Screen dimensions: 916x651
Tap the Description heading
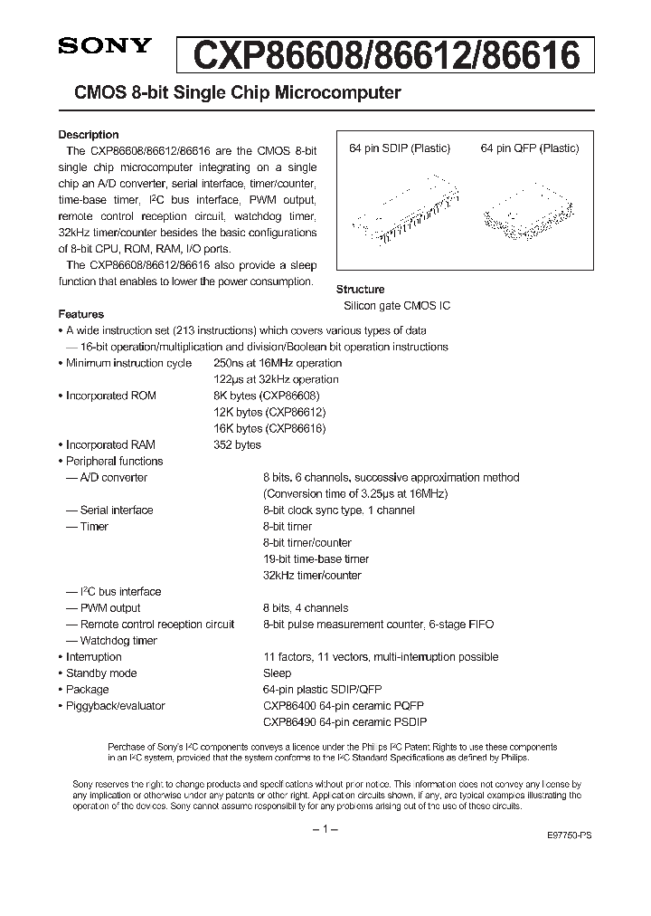point(89,135)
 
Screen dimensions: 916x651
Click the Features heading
point(80,314)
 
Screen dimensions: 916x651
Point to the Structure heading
point(361,290)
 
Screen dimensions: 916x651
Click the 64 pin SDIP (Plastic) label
point(400,148)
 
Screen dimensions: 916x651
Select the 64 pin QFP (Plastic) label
point(529,148)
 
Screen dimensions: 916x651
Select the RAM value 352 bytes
point(237,444)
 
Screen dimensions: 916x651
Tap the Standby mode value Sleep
point(277,673)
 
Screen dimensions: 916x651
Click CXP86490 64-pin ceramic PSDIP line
point(344,721)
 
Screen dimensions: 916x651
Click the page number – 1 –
point(325,830)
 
